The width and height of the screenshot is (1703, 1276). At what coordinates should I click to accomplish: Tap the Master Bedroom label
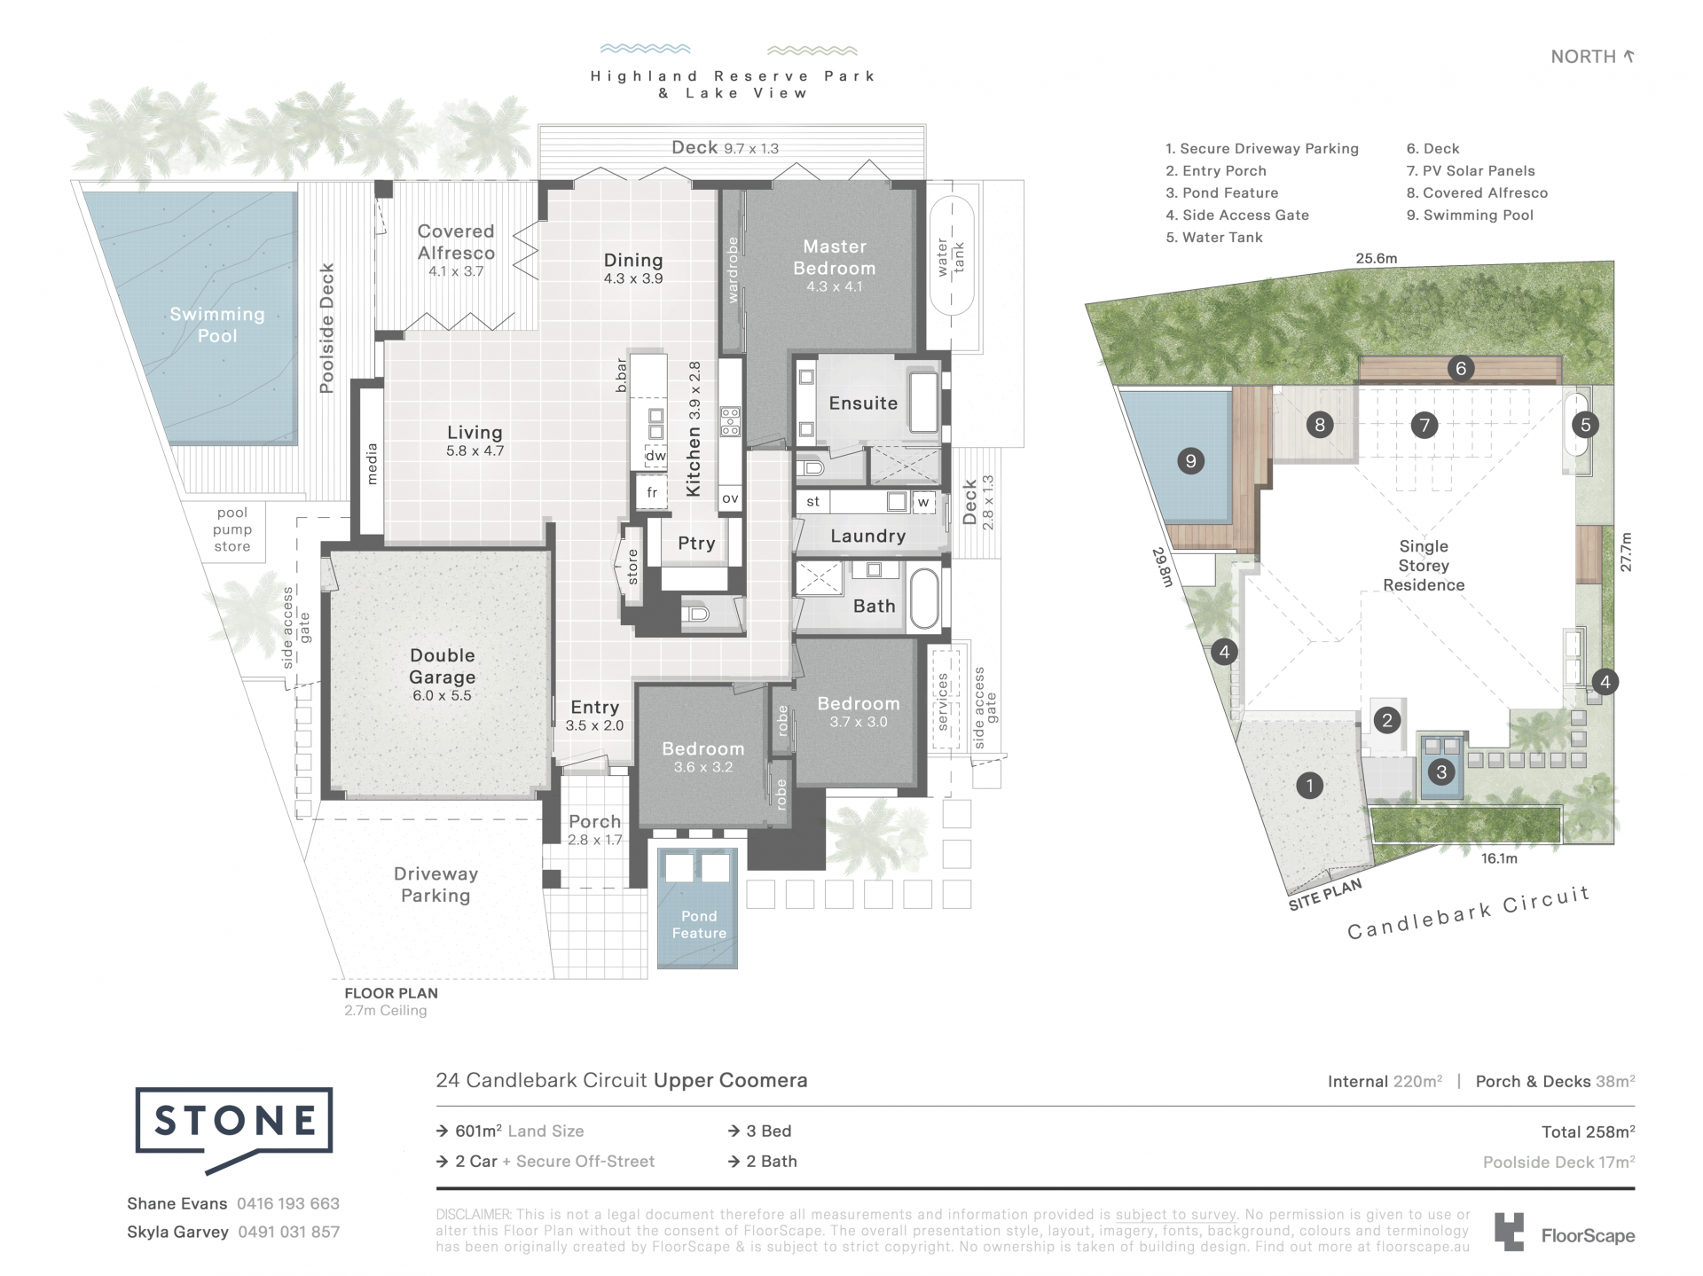[x=835, y=257]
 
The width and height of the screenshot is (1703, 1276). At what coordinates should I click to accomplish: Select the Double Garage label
[x=442, y=666]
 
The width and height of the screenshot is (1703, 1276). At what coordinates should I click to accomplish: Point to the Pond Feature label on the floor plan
[x=699, y=924]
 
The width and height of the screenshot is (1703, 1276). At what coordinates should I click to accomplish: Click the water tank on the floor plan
[x=952, y=255]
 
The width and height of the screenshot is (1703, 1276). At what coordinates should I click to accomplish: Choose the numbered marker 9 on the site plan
[x=1190, y=460]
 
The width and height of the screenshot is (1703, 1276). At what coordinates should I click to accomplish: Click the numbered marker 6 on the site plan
[x=1461, y=368]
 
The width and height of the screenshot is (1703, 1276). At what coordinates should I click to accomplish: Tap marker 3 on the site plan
[x=1441, y=771]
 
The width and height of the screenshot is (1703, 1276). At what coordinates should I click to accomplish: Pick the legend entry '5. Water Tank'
[x=1214, y=238]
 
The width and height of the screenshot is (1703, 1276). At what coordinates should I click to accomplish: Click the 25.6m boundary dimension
[x=1377, y=259]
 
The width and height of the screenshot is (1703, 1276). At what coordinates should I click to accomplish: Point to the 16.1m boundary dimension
[x=1499, y=858]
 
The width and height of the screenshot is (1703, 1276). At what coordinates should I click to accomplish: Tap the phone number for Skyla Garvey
[x=289, y=1232]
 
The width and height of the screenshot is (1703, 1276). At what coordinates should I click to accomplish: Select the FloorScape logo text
[x=1588, y=1235]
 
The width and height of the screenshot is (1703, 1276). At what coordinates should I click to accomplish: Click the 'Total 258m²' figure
[x=1588, y=1131]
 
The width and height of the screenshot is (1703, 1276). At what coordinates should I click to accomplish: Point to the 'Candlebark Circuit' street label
[x=1469, y=912]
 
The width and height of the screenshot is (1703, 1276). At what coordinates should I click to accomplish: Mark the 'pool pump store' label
[x=232, y=529]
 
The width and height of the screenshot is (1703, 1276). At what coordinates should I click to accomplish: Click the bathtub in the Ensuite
[x=924, y=403]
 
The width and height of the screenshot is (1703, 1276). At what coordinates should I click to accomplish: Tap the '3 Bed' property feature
[x=760, y=1131]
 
